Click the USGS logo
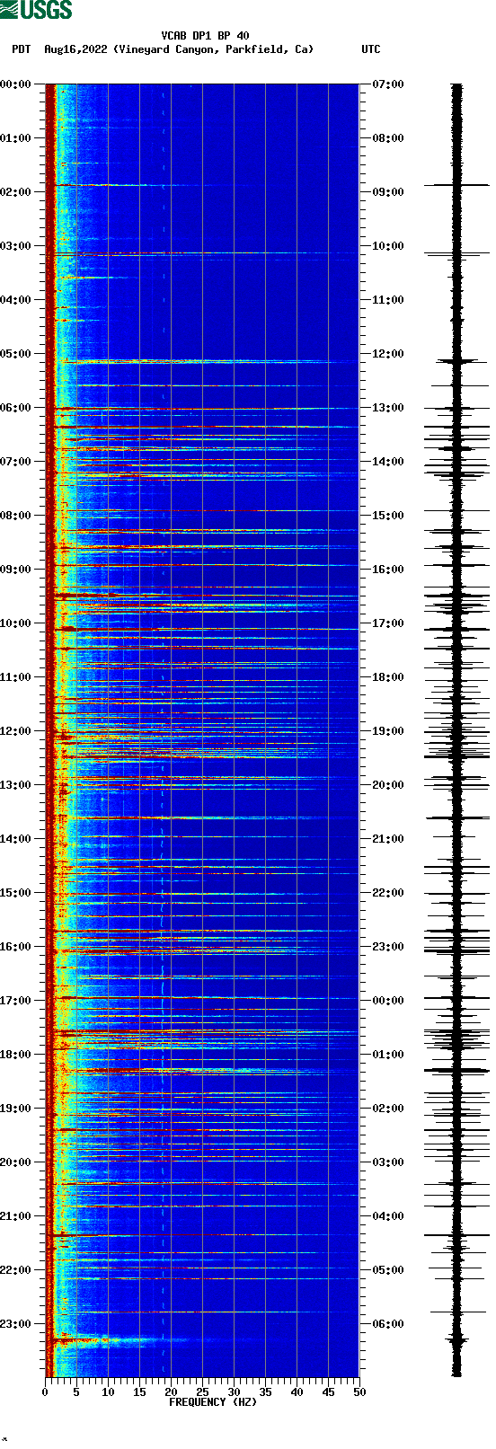[36, 10]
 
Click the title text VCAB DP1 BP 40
[205, 36]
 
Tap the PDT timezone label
[21, 49]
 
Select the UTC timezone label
[370, 49]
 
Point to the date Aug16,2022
[76, 49]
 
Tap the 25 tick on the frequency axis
[202, 1392]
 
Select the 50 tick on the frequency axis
[359, 1392]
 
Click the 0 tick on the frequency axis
[45, 1392]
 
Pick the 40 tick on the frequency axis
[297, 1392]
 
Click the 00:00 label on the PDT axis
[16, 84]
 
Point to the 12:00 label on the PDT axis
[16, 731]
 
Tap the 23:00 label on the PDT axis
[16, 1324]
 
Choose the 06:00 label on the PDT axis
[16, 408]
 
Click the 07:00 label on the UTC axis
[387, 84]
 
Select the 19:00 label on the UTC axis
[387, 731]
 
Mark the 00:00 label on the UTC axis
[387, 1001]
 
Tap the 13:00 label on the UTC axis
[387, 408]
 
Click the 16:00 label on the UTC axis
[387, 570]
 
